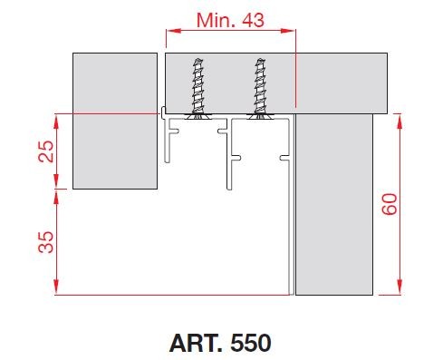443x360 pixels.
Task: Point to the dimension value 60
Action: click(390, 204)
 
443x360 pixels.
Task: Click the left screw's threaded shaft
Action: click(195, 86)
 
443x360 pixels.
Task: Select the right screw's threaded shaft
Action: click(261, 86)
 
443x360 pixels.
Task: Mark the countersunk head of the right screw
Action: click(261, 115)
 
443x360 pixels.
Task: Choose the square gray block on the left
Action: click(114, 120)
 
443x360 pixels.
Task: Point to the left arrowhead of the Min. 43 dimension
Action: click(169, 30)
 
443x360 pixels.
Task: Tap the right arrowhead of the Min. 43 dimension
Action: click(293, 30)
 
